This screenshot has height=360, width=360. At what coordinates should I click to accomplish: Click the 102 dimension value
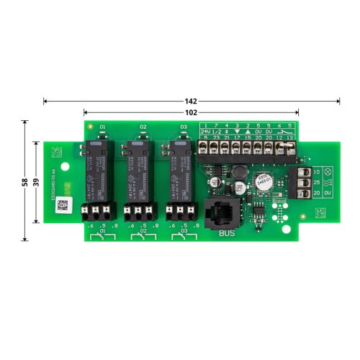tap(192, 112)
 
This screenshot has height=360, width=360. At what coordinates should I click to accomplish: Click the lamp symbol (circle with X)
tap(328, 173)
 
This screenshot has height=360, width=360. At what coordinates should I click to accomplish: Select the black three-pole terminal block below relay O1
tap(98, 212)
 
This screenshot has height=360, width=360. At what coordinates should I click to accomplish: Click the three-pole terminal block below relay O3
tap(179, 212)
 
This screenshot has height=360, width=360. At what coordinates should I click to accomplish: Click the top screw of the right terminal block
tap(305, 173)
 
